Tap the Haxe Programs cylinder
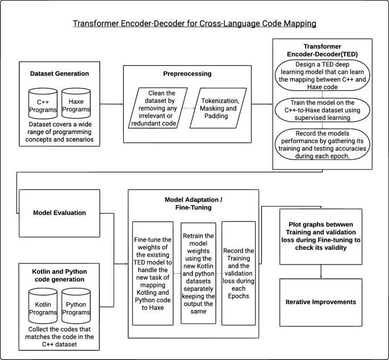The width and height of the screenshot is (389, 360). click(77, 102)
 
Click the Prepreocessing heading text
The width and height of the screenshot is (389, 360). click(187, 74)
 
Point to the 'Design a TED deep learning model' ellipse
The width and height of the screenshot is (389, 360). click(323, 75)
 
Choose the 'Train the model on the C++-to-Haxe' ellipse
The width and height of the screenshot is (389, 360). click(323, 111)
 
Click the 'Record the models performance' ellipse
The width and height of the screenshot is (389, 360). click(323, 145)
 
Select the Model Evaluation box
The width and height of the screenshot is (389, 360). click(58, 213)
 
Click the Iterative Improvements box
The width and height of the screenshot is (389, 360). click(321, 302)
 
